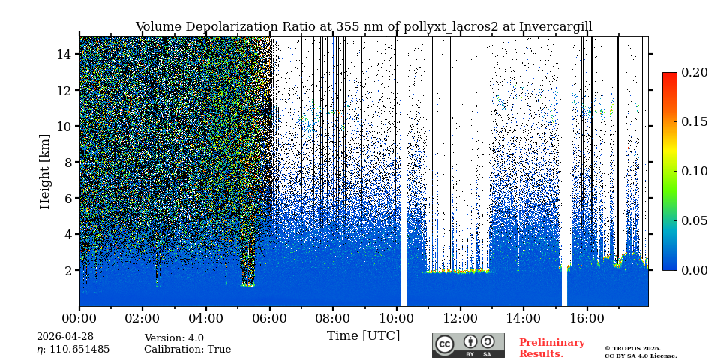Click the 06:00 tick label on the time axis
click(x=269, y=319)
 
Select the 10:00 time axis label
click(x=396, y=319)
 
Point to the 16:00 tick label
click(x=586, y=319)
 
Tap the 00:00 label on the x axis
click(x=79, y=319)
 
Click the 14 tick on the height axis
click(x=64, y=54)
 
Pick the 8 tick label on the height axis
click(x=67, y=162)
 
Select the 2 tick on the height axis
click(x=67, y=270)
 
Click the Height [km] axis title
click(x=45, y=171)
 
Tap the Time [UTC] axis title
click(x=363, y=335)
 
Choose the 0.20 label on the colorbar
click(x=694, y=73)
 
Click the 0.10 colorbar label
click(x=694, y=171)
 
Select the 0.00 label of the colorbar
click(x=694, y=270)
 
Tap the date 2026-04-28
click(x=65, y=337)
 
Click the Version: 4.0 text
click(x=174, y=338)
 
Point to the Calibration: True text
click(x=187, y=349)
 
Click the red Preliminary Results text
click(x=551, y=348)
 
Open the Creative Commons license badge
click(x=468, y=345)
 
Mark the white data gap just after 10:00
click(x=403, y=225)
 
